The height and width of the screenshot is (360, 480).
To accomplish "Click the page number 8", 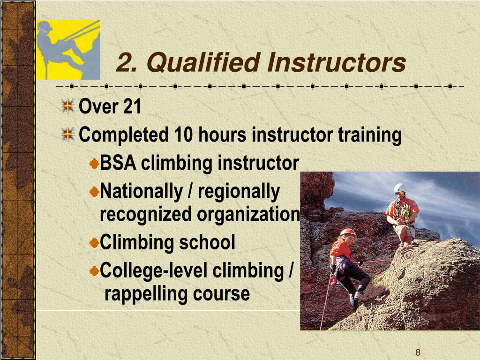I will (418, 352).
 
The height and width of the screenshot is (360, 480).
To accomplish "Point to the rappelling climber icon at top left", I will (68, 49).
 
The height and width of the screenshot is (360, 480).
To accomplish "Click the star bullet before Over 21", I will (68, 106).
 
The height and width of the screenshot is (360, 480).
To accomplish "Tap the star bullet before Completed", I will (68, 135).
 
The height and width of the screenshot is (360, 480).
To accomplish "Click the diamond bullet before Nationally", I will (94, 191).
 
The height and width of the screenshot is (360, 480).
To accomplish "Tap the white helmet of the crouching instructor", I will (399, 188).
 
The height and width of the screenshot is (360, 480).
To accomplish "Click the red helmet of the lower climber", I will (347, 232).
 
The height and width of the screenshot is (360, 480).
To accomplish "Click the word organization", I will (248, 215).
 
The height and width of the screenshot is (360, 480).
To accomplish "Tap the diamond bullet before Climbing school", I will (94, 243).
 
